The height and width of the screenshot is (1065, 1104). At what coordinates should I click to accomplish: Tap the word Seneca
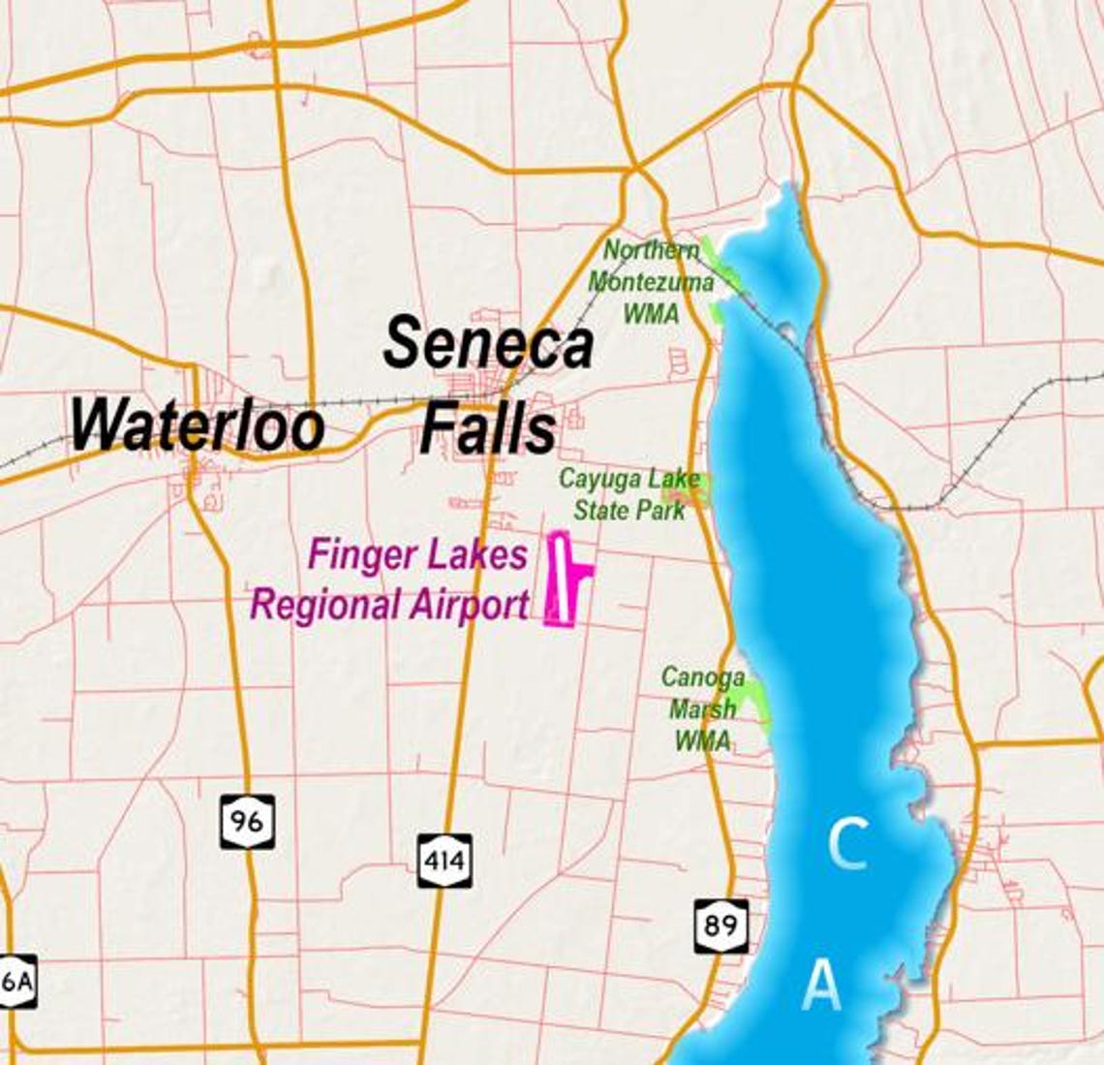[x=488, y=344]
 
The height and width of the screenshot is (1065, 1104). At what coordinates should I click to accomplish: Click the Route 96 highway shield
[x=247, y=821]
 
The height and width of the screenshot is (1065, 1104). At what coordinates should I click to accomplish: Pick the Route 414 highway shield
[x=445, y=860]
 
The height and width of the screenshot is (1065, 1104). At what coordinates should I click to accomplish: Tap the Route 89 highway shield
[x=721, y=925]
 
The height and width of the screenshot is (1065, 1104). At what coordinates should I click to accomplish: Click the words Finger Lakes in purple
[x=417, y=555]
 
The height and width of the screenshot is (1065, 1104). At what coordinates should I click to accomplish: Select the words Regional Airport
[x=390, y=605]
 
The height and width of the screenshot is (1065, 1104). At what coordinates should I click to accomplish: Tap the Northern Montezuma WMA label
[x=651, y=281]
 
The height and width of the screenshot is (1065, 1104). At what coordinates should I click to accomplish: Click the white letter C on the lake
[x=847, y=844]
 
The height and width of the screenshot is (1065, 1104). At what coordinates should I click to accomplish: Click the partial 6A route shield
[x=16, y=981]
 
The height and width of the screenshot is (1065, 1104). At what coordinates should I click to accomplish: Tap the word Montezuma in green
[x=651, y=282]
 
